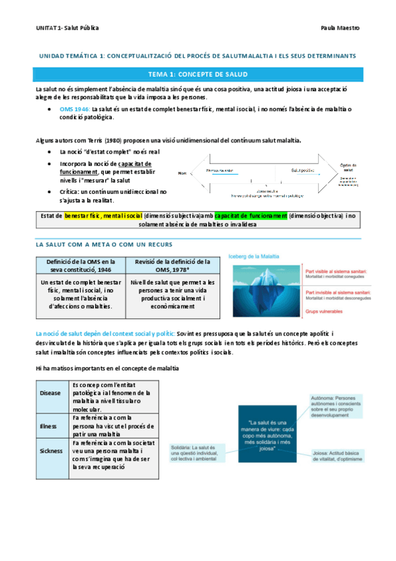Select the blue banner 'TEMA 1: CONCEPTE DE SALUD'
[198, 74]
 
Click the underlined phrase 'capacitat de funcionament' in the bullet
[106, 167]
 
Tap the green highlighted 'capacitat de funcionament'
[251, 216]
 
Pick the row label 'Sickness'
[52, 450]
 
